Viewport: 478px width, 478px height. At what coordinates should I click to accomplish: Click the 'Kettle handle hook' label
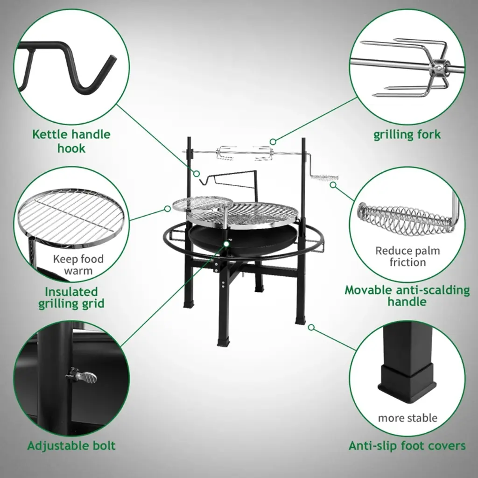pyautogui.click(x=71, y=141)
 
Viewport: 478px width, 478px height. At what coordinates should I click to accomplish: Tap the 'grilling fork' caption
pyautogui.click(x=407, y=134)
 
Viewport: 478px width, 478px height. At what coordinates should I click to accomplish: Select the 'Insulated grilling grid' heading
pyautogui.click(x=71, y=297)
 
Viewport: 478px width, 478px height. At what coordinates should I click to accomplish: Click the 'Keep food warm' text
pyautogui.click(x=78, y=265)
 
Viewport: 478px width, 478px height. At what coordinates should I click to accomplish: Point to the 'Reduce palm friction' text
pyautogui.click(x=408, y=256)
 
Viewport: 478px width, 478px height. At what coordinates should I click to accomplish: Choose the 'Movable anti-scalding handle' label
pyautogui.click(x=407, y=295)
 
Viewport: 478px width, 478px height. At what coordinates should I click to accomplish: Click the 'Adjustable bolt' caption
pyautogui.click(x=71, y=445)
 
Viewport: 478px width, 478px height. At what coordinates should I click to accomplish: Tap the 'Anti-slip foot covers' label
pyautogui.click(x=407, y=445)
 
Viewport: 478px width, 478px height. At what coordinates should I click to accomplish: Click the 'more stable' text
pyautogui.click(x=408, y=418)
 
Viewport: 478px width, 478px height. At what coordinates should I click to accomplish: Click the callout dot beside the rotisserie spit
pyautogui.click(x=273, y=141)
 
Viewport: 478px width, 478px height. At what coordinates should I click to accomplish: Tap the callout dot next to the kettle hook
pyautogui.click(x=197, y=174)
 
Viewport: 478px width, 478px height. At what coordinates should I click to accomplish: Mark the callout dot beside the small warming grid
pyautogui.click(x=168, y=209)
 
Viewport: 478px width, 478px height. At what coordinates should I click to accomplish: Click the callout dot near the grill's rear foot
pyautogui.click(x=311, y=327)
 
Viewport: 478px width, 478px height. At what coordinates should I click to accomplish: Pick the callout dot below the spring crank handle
pyautogui.click(x=333, y=185)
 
